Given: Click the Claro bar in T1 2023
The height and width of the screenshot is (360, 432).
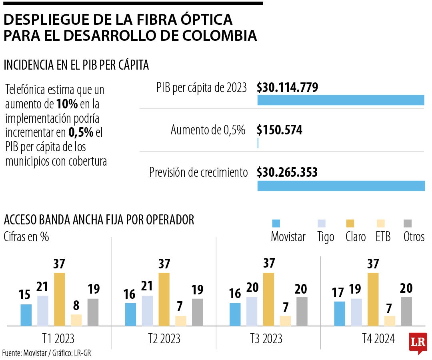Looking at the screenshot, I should click(x=59, y=299).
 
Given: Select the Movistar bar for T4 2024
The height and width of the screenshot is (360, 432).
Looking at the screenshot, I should click(x=339, y=314).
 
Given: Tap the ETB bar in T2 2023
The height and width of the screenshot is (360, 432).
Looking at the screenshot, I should click(x=180, y=321).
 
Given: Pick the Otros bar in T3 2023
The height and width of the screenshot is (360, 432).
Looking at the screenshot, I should click(x=302, y=311).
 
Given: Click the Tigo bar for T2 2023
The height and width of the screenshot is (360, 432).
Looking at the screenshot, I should click(x=147, y=310).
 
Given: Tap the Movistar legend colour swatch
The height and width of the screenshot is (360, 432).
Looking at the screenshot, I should click(x=276, y=224).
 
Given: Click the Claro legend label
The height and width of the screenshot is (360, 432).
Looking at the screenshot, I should click(x=356, y=237).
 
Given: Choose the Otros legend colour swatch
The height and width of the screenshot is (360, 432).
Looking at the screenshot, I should click(x=408, y=224).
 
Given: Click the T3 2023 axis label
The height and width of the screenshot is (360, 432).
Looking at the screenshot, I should click(x=266, y=339).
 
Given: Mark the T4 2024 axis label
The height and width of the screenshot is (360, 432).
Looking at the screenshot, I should click(x=378, y=339).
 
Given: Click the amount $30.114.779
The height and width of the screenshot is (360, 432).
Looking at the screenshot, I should click(x=287, y=88).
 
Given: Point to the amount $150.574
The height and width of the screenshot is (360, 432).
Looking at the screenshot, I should click(x=280, y=130).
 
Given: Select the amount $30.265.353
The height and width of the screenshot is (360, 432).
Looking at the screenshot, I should click(x=287, y=172).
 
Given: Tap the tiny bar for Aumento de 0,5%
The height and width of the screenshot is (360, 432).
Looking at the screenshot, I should click(x=258, y=143).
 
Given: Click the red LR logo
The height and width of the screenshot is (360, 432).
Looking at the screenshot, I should click(x=418, y=342).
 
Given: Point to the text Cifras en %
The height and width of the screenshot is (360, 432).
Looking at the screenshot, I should click(x=26, y=236).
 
